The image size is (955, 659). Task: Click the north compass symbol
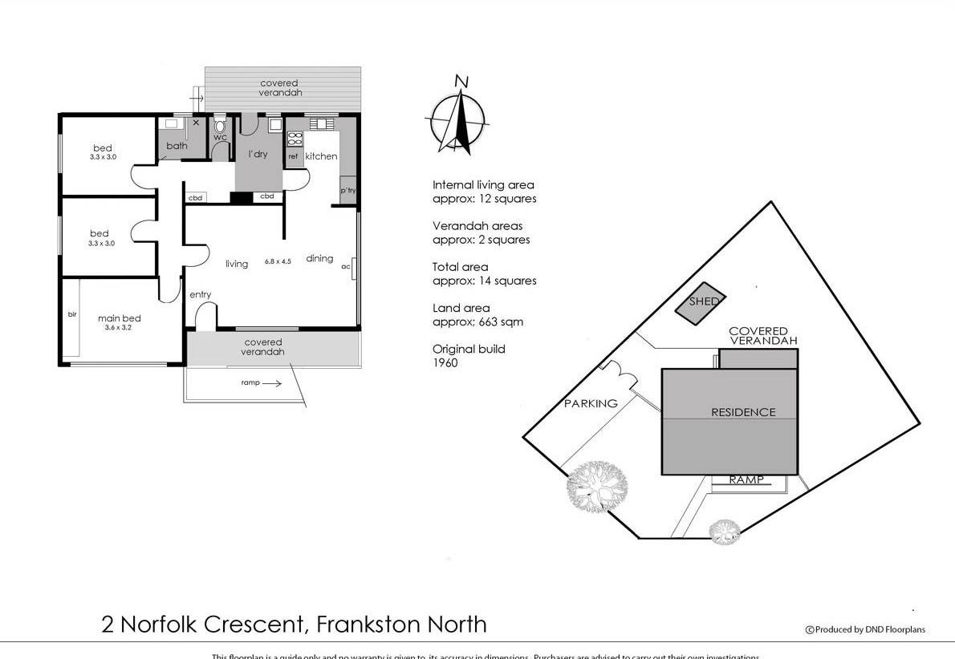(x=457, y=117)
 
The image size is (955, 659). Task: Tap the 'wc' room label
(x=220, y=138)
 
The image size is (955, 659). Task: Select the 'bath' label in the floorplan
(x=177, y=146)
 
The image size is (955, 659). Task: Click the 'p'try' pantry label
(x=347, y=191)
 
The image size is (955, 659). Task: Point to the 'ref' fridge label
(x=293, y=157)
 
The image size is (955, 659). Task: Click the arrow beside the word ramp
(x=272, y=384)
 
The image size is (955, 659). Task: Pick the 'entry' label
(x=200, y=295)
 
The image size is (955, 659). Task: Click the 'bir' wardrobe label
(x=72, y=314)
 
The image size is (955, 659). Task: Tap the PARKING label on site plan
(x=591, y=403)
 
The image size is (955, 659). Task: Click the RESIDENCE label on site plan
(x=743, y=412)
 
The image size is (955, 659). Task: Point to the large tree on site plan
(x=596, y=486)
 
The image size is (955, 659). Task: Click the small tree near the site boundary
(x=725, y=532)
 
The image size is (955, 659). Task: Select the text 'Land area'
(x=461, y=308)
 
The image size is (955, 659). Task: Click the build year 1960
(x=445, y=362)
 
